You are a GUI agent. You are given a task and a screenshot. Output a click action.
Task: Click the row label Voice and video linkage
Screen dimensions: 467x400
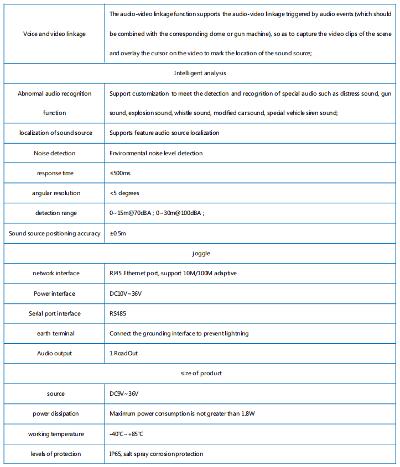[54, 34]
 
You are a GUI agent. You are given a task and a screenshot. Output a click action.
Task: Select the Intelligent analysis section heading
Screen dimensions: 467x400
[200, 73]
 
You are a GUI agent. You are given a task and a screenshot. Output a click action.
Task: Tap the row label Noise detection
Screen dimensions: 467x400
[54, 153]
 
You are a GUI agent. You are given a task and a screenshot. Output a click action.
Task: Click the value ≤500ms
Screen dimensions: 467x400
[121, 173]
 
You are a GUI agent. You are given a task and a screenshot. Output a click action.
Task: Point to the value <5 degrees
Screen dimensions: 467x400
[124, 193]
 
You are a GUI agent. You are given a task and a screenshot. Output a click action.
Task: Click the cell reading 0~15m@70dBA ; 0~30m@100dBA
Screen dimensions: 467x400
[157, 213]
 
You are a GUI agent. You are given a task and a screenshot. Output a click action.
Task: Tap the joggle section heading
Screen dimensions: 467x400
[200, 253]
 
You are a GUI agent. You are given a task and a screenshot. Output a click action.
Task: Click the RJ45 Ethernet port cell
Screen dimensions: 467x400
[173, 273]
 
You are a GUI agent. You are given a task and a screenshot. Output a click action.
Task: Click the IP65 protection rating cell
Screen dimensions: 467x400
[156, 454]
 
